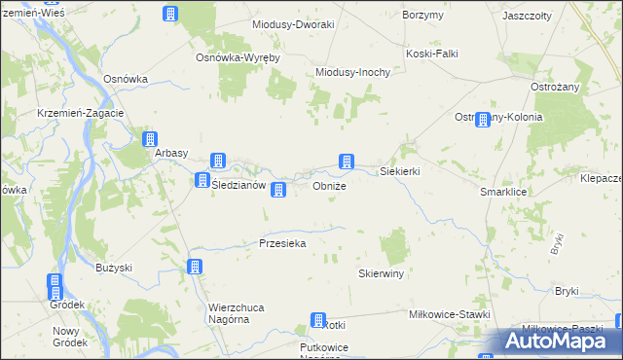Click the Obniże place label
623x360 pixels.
(329, 186)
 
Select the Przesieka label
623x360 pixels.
(283, 243)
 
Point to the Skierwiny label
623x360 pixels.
(381, 274)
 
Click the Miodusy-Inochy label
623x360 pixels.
(353, 72)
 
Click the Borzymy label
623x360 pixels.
(422, 16)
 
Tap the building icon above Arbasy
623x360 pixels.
(150, 140)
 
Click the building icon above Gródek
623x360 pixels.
(55, 286)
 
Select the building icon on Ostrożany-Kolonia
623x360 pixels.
(483, 119)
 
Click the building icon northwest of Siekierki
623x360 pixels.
(345, 162)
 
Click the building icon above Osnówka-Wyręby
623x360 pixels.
(170, 14)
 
